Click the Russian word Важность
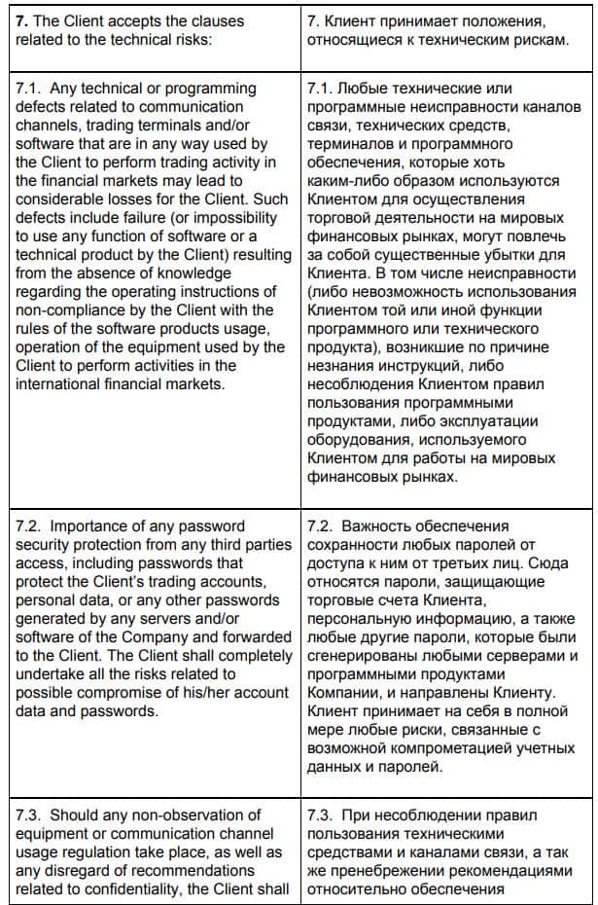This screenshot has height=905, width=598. [387, 526]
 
